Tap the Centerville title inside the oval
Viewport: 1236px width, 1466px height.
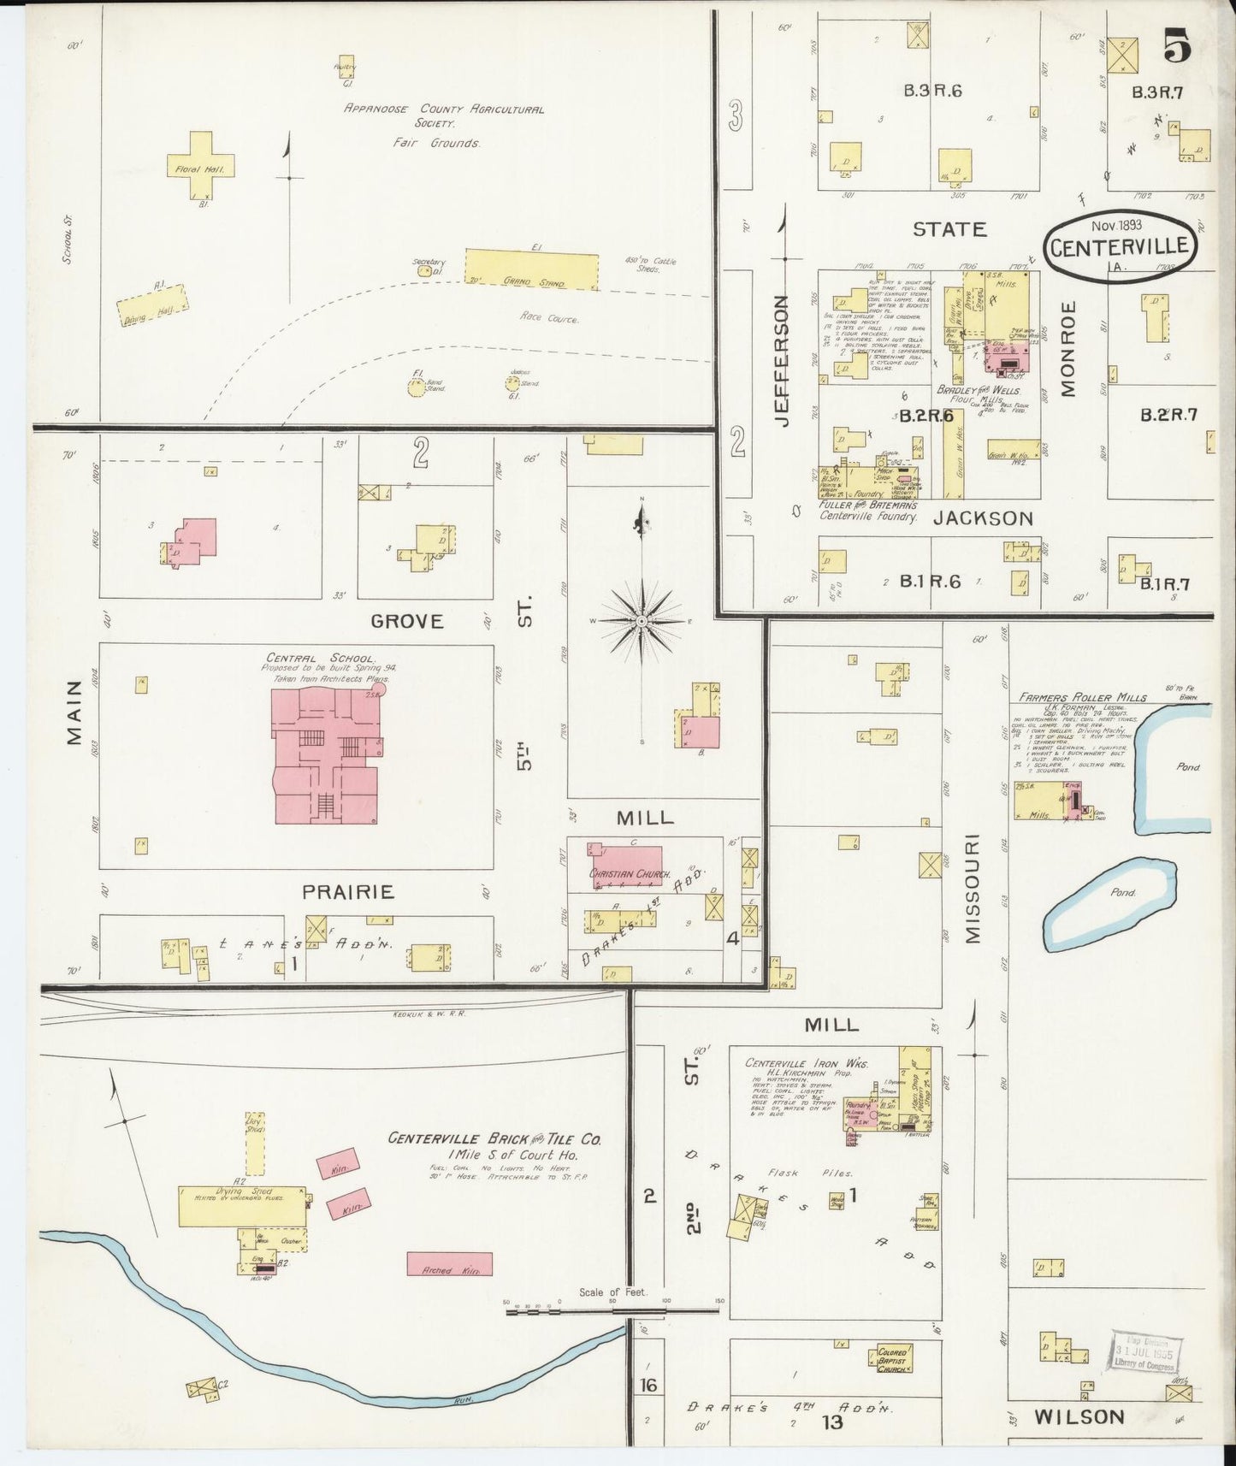tap(1119, 247)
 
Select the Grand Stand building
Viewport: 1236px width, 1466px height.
tap(530, 269)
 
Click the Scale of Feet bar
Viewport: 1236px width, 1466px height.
tap(612, 1309)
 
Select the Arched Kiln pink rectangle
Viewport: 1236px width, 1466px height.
tap(449, 1264)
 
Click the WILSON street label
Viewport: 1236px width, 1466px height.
tap(1079, 1417)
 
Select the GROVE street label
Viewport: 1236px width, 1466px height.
tap(407, 621)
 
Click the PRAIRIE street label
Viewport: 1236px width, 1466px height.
tap(348, 892)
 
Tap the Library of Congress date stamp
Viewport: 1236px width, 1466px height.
tap(1145, 1354)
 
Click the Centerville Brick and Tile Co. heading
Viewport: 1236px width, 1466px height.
tap(494, 1139)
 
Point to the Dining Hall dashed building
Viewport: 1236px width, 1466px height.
tap(153, 305)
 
